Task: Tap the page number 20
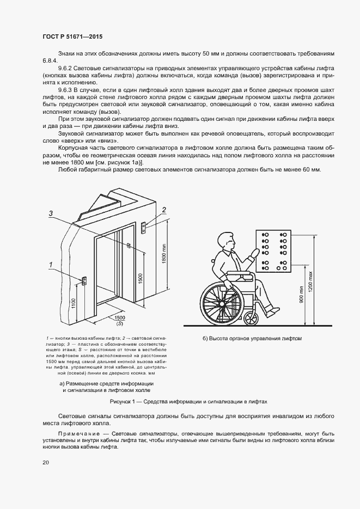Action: (45, 462)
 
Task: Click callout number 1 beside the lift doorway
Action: (51, 265)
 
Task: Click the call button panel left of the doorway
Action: (84, 280)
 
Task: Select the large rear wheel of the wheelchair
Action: (219, 302)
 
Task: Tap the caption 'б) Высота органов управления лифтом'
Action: (252, 339)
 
